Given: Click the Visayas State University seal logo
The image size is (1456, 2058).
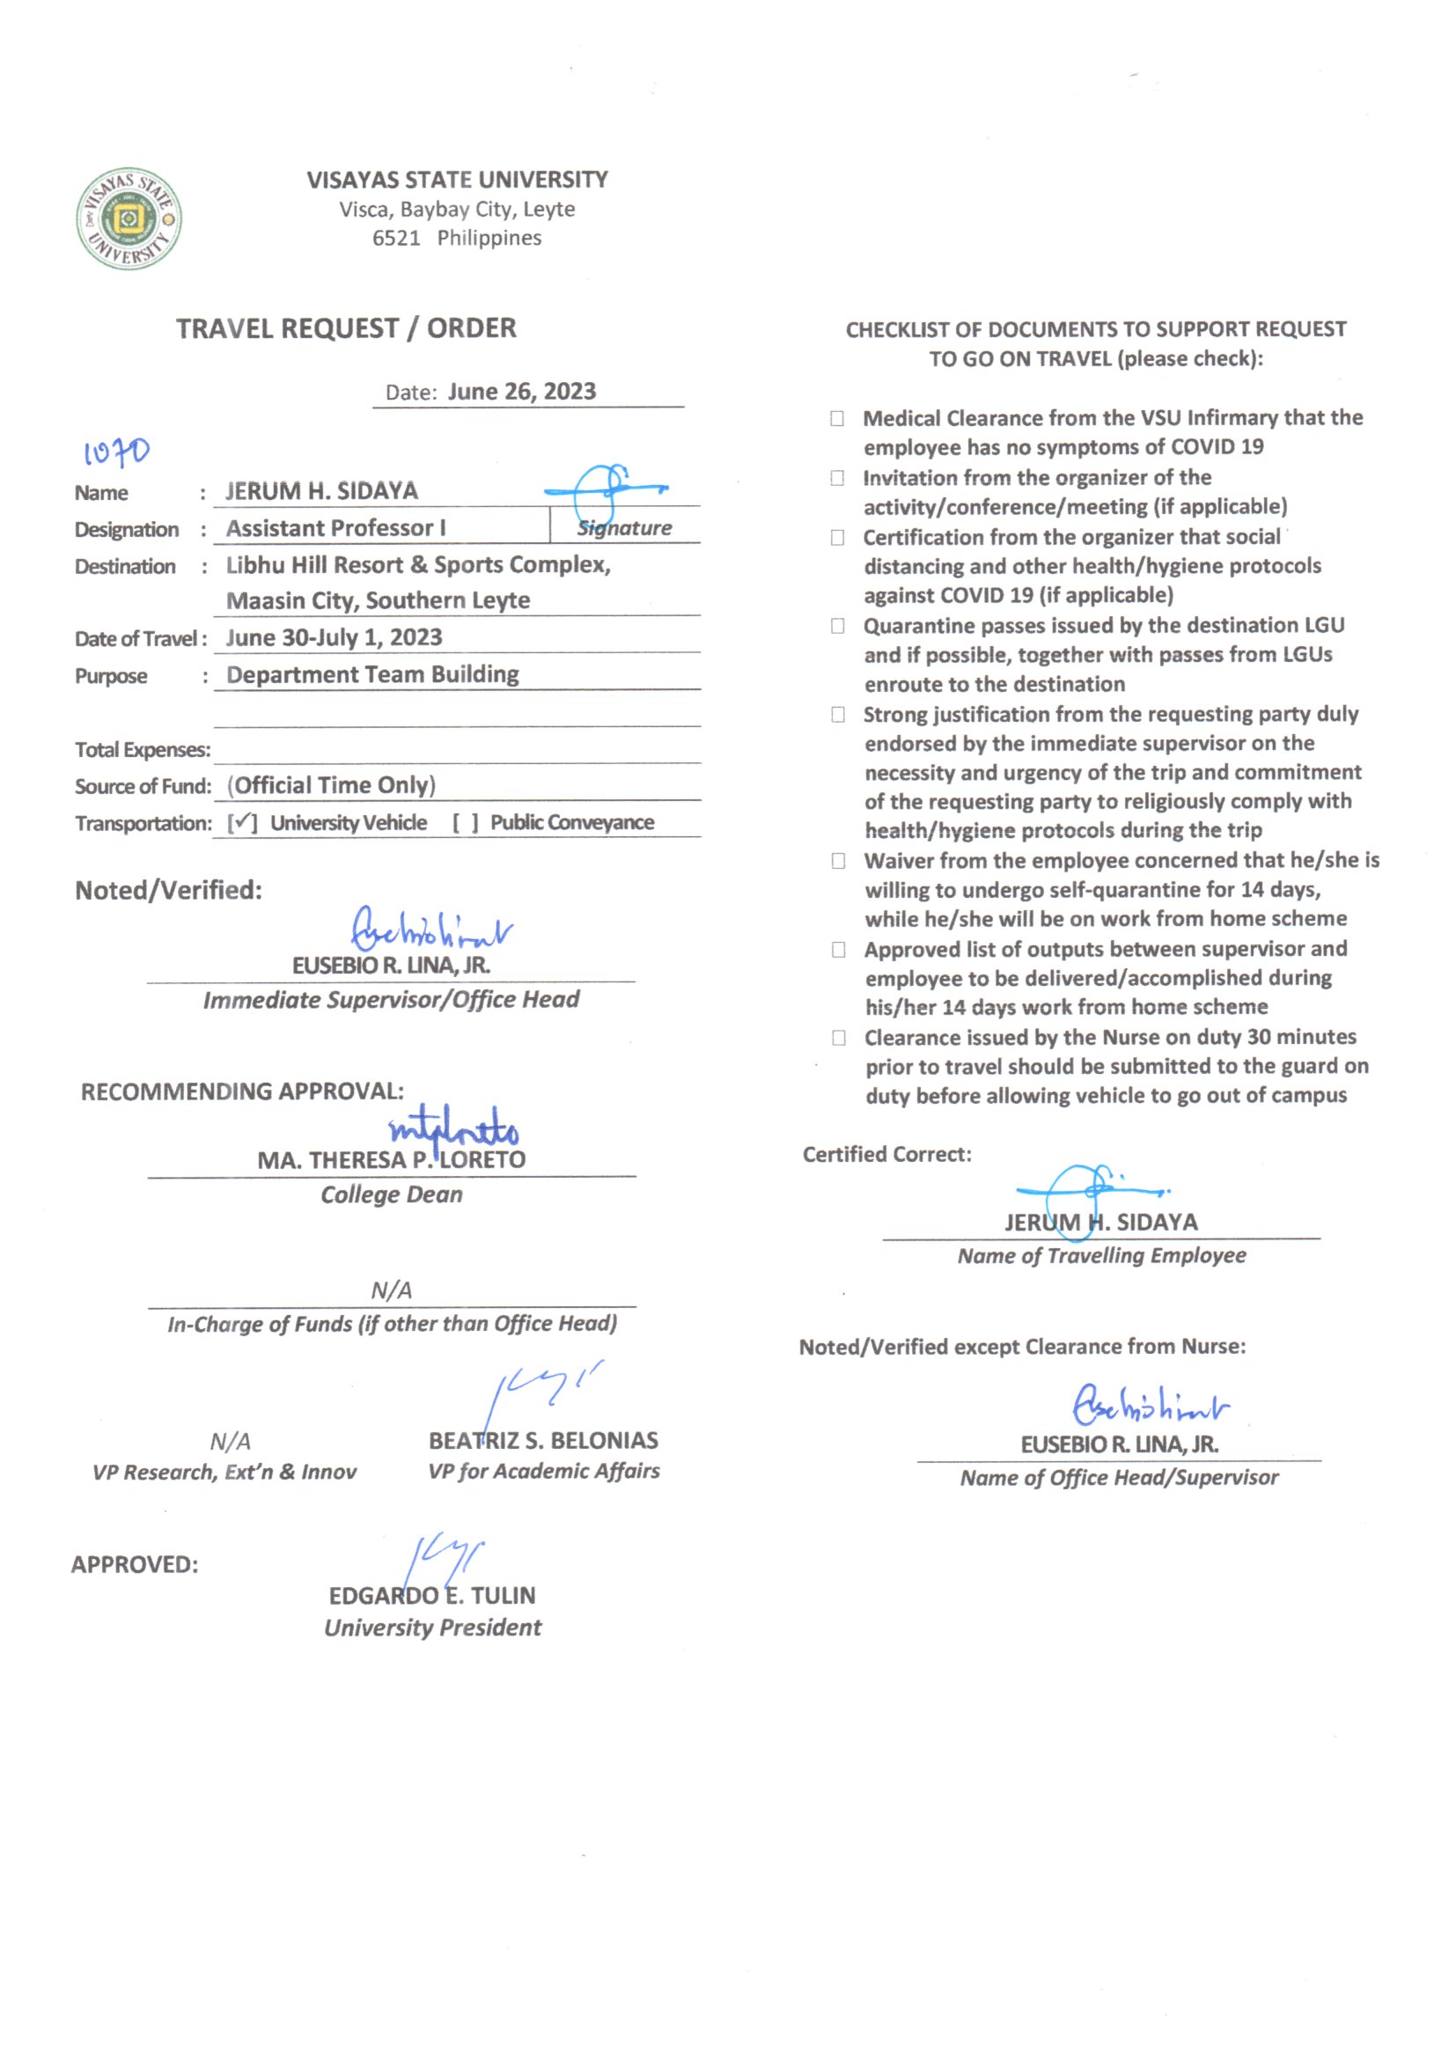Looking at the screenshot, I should click(129, 217).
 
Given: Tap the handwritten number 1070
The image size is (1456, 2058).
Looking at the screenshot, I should click(116, 452).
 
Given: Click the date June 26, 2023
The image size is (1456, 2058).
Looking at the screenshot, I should click(522, 392).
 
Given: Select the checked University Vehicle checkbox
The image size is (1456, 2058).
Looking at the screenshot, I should click(242, 823).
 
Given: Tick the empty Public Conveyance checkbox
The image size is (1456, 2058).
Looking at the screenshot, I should click(466, 823).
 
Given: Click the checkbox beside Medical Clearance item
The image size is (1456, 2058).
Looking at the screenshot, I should click(837, 419).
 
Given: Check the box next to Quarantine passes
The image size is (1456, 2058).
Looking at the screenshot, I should click(837, 626).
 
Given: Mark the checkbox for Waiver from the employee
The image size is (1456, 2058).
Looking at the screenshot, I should click(838, 862).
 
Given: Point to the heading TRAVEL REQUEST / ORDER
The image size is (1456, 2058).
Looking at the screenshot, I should click(346, 328).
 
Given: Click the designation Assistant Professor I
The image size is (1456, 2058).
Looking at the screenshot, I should click(336, 528).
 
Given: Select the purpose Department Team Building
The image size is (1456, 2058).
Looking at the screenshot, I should click(372, 674).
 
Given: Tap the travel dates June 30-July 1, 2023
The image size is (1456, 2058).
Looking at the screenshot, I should click(334, 637).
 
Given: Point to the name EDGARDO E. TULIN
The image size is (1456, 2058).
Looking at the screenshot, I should click(432, 1596).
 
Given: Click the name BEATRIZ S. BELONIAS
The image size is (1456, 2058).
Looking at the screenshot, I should click(543, 1440).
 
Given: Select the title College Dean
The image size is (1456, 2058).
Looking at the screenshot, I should click(392, 1194).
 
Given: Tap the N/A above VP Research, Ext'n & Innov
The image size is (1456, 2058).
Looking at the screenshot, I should click(231, 1441).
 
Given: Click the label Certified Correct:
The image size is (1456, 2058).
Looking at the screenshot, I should click(886, 1155).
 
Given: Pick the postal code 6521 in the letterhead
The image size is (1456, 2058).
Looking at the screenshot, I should click(396, 239).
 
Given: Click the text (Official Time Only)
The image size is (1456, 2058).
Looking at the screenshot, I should click(332, 785).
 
